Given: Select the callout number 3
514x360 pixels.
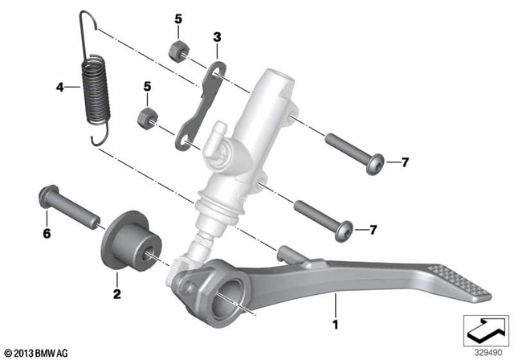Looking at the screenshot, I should click(215, 37).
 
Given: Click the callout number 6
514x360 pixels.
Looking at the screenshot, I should click(47, 234).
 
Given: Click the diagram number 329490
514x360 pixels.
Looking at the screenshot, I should click(487, 351).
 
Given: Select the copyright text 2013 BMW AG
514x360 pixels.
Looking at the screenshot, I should click(37, 352).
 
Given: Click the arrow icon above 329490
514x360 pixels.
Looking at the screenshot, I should click(487, 329).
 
